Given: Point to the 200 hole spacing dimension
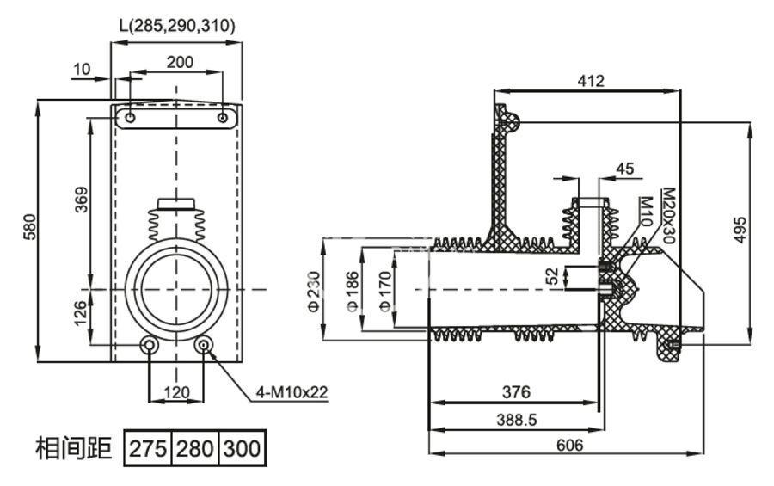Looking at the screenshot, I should point(180,61).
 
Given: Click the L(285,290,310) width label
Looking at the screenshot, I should point(176,26).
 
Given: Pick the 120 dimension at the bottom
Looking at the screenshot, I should point(176,392).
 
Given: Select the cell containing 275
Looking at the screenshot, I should point(149,448).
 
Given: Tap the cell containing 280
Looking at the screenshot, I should point(195,448).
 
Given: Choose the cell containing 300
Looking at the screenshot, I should point(242,448).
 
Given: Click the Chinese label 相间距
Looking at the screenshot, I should point(74,448).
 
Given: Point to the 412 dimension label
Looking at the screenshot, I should point(591,81).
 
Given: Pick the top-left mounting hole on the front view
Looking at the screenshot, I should point(130,117).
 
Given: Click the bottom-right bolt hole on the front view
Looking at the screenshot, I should point(205,345).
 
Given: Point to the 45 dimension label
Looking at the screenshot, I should point(624,169).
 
